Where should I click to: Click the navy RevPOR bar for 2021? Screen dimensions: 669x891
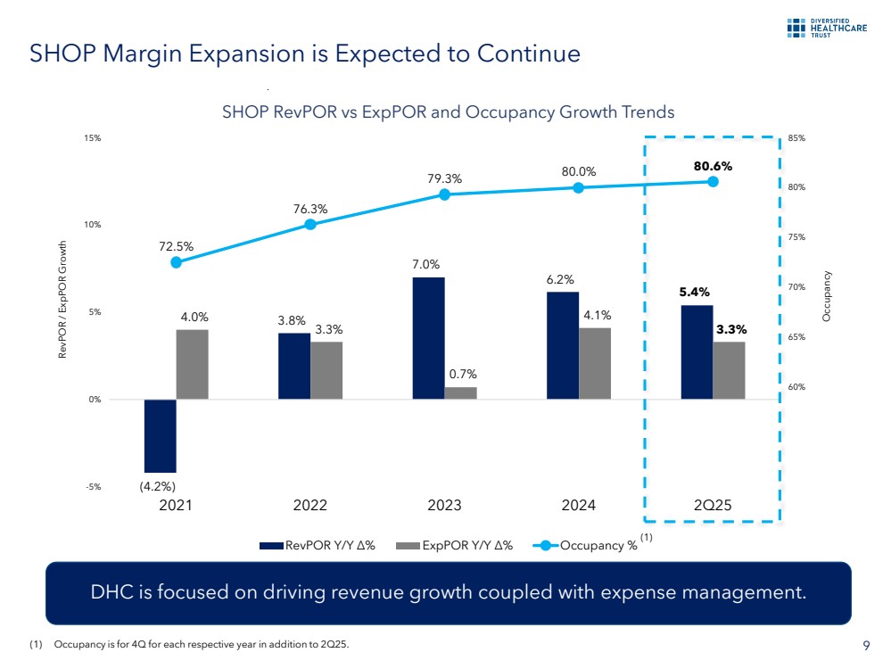point(160,435)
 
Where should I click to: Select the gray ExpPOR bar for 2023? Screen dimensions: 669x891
point(460,392)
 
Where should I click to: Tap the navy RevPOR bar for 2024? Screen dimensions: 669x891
point(562,345)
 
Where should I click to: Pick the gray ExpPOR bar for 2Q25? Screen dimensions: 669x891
point(729,370)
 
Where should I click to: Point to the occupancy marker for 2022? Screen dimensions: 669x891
point(310,224)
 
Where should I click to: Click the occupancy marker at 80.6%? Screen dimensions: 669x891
point(713,181)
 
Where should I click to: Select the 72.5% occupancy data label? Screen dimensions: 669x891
point(176,246)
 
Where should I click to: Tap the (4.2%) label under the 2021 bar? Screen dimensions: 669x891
point(157,487)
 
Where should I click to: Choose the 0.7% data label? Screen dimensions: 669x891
point(460,374)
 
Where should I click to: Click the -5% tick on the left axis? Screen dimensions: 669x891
point(94,487)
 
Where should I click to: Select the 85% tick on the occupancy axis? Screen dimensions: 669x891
point(796,138)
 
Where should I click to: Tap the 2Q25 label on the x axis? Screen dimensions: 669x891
point(713,505)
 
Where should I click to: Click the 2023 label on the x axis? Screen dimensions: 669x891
point(444,505)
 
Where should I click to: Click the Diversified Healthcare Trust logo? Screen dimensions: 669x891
point(827,28)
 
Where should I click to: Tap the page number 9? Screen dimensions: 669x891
point(867,646)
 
